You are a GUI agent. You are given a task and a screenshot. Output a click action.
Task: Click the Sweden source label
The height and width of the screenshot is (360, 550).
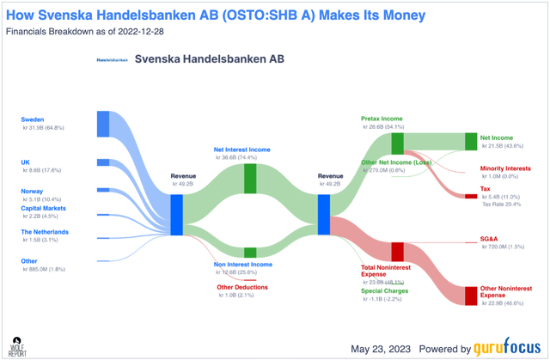[33, 119]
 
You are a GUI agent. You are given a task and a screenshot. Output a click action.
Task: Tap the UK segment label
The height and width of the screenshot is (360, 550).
[26, 162]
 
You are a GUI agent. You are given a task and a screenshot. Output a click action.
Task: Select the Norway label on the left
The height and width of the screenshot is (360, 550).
[33, 192]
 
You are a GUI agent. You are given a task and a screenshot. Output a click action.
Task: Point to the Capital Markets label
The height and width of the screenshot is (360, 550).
[44, 208]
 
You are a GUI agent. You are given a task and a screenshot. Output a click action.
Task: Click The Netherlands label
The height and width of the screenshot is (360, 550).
[46, 232]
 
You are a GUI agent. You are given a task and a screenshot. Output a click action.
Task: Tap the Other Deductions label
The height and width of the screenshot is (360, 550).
[242, 287]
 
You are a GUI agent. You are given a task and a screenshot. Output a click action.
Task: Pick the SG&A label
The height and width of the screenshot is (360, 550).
[491, 238]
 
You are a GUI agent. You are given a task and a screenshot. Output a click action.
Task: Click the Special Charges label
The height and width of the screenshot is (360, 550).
[384, 290]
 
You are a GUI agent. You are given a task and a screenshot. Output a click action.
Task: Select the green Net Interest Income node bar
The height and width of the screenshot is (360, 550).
[251, 178]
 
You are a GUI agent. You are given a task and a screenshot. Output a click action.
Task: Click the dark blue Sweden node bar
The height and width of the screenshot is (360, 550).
[103, 123]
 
